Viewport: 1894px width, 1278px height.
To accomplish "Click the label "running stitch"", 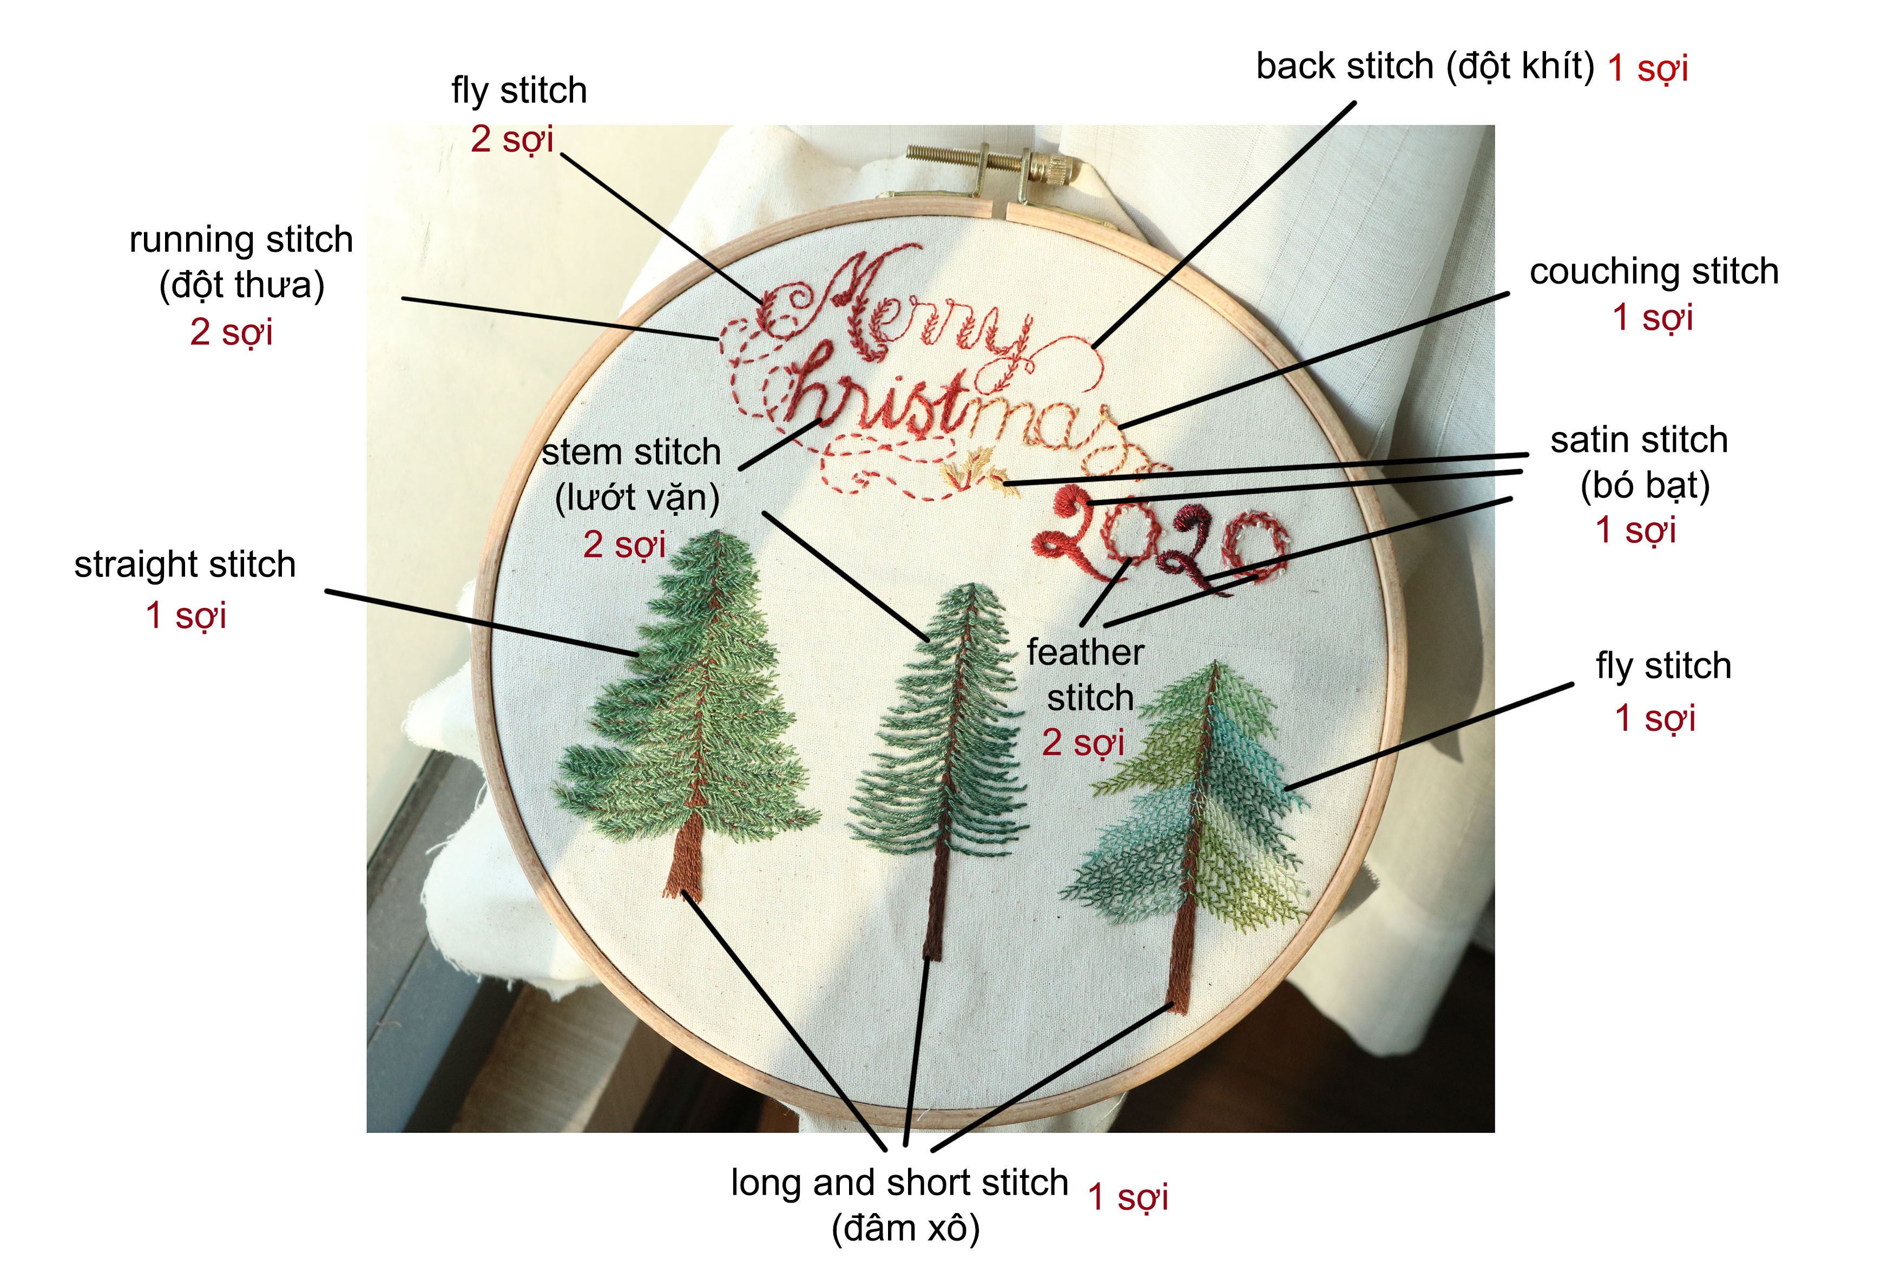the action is click(x=241, y=240).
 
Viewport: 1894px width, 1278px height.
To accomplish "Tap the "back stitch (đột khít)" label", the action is click(x=1425, y=66).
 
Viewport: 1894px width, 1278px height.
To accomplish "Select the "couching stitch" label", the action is click(x=1654, y=271).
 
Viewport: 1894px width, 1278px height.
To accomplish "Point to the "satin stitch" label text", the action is click(x=1639, y=440).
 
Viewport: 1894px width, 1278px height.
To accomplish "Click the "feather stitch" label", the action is click(x=1087, y=675).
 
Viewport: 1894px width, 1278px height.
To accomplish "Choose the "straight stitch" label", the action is click(x=185, y=565).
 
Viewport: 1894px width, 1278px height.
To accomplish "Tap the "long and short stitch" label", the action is click(x=899, y=1183).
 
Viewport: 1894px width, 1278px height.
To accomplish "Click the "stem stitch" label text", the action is click(x=632, y=453).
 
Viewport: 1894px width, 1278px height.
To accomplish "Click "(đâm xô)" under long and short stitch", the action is click(x=905, y=1228).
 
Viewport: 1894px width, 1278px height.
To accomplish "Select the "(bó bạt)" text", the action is click(x=1645, y=486).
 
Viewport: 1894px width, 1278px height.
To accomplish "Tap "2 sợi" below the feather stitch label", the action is click(x=1083, y=743).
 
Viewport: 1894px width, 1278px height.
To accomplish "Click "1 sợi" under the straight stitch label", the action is click(x=186, y=615).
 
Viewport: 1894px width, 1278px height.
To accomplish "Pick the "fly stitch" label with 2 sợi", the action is click(x=519, y=90).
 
